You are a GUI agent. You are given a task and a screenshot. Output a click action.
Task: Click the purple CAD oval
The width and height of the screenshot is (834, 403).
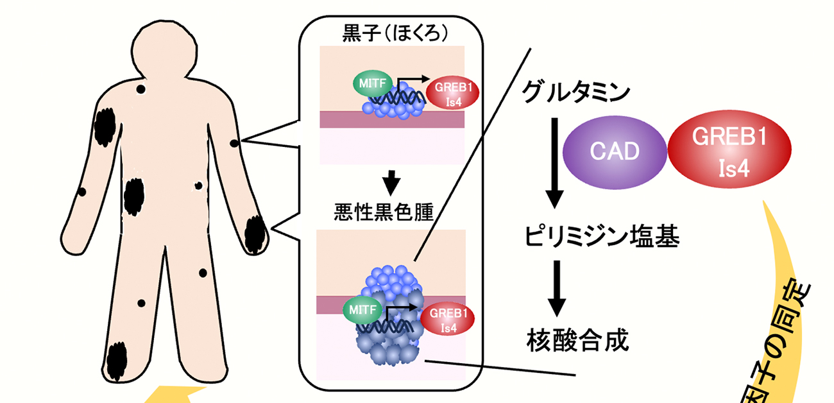point(614,151)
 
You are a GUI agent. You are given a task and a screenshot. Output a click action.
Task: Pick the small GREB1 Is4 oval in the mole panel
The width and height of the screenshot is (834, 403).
point(452,94)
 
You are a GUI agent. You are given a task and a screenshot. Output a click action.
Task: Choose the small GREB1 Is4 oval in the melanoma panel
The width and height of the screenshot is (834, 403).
point(448,319)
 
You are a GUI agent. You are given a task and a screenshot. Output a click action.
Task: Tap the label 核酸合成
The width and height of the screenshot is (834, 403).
point(577,338)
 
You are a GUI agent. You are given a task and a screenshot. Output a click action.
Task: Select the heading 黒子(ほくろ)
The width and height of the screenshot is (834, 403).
point(391,33)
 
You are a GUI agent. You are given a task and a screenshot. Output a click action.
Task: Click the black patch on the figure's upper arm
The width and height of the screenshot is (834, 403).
point(104,128)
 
